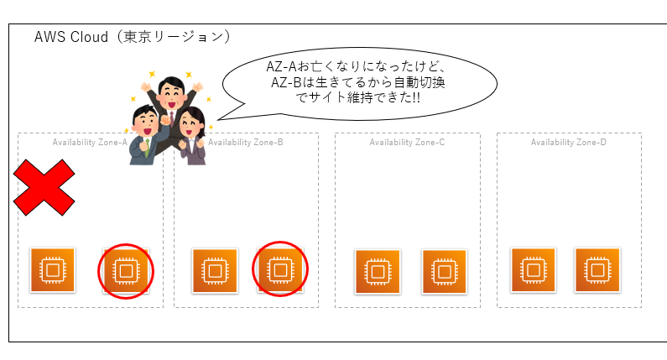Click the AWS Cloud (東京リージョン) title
132,38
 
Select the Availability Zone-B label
246,142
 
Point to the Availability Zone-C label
407,142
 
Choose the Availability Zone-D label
568,142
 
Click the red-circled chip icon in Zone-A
126,270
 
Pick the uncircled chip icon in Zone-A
53,269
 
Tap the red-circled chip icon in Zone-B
279,270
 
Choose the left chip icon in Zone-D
533,269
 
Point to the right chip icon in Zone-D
597,269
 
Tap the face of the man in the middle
170,90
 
